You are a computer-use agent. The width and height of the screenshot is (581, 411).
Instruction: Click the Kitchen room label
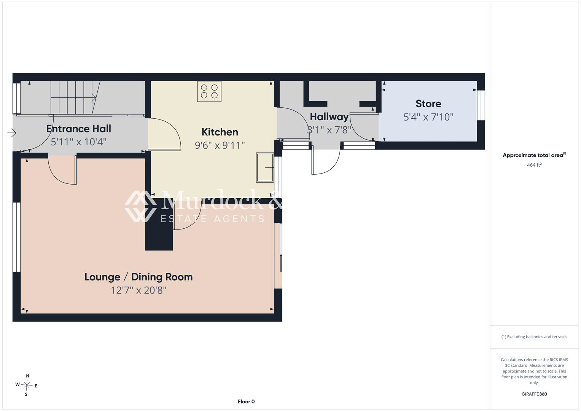(220, 132)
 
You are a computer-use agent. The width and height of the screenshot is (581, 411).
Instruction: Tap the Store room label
(428, 104)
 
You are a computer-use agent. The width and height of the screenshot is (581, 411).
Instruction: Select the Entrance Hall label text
(79, 129)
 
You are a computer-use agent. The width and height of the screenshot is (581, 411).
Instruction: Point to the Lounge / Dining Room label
(138, 277)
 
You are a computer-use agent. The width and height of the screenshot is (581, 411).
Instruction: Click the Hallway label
(329, 117)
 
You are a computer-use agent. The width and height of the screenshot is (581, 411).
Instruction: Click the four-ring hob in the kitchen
(209, 91)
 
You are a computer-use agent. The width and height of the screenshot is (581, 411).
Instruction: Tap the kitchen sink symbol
(265, 167)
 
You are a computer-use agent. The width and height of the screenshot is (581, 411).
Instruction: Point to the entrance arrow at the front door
(12, 133)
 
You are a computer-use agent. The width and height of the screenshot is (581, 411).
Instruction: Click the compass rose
(27, 385)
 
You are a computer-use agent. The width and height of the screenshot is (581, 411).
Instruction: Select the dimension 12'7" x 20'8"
(138, 290)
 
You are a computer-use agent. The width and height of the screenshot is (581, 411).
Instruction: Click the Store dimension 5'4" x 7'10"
(428, 117)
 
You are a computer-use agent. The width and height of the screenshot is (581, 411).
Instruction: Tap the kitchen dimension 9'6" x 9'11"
(220, 145)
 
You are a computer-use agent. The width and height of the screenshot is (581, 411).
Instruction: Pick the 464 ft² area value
(534, 165)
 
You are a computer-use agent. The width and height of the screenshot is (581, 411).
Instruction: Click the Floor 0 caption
(246, 401)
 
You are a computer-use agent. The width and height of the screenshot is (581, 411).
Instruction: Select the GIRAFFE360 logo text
(534, 394)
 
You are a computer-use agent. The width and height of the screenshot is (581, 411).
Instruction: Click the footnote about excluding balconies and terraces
(534, 337)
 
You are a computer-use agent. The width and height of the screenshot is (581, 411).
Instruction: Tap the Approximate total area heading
(534, 155)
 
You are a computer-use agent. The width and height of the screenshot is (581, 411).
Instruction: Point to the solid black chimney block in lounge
(159, 225)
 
